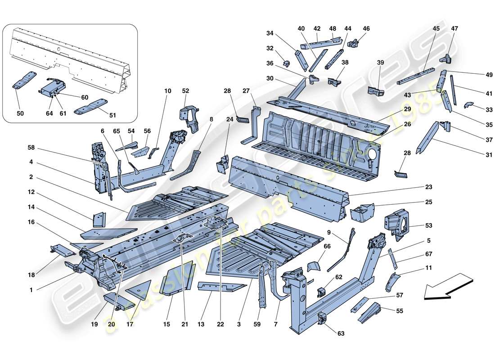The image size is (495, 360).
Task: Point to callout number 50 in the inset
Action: coord(20,113)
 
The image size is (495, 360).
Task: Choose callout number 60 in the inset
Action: coord(85,98)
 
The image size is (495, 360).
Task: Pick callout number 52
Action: coord(185,91)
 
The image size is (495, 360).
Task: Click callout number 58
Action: coord(31,147)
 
